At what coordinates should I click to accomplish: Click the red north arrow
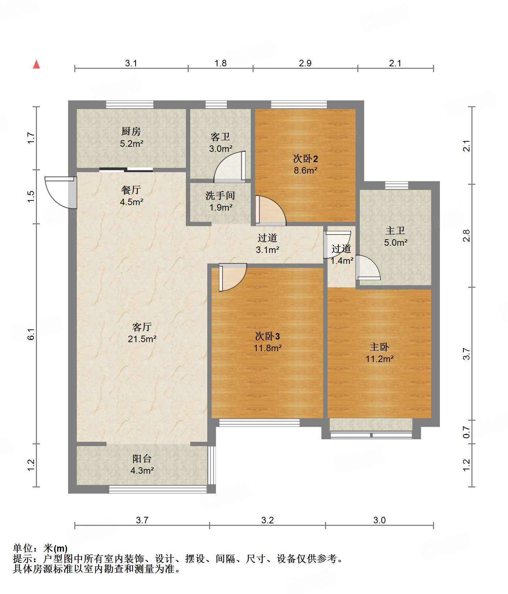click(x=36, y=64)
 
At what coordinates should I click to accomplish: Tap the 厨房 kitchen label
click(x=131, y=131)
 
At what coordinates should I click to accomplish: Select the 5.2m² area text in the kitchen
click(x=132, y=144)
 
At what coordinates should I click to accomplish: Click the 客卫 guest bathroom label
click(x=220, y=137)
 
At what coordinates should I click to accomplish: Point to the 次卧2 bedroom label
click(x=305, y=158)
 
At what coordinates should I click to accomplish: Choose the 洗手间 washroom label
click(x=220, y=196)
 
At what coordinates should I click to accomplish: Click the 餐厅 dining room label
click(x=131, y=190)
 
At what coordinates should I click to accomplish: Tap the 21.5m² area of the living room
click(x=142, y=339)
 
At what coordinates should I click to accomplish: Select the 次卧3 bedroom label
click(x=267, y=336)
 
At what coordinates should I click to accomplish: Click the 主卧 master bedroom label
click(x=379, y=347)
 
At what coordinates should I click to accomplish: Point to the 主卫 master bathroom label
click(x=395, y=230)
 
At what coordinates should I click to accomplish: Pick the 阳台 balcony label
click(x=142, y=459)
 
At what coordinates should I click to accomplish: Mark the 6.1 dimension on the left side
click(x=31, y=334)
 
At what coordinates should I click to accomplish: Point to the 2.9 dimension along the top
click(x=305, y=63)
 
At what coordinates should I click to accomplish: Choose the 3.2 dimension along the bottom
click(x=267, y=520)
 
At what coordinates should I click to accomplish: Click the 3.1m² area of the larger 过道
click(x=267, y=250)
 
